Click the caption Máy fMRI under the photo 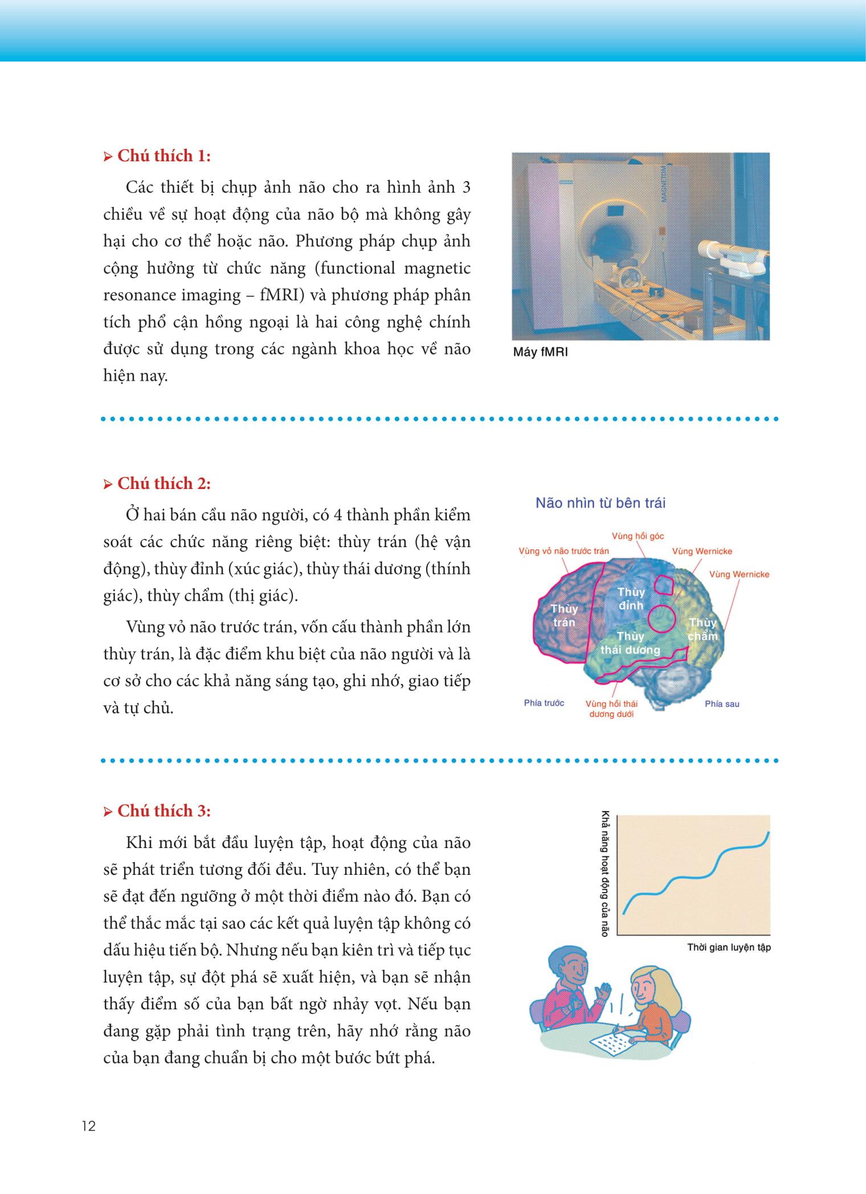pyautogui.click(x=540, y=352)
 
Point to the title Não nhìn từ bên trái pyautogui.click(x=601, y=503)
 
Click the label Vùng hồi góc pyautogui.click(x=638, y=536)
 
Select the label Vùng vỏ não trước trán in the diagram pyautogui.click(x=563, y=551)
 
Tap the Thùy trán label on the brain pyautogui.click(x=564, y=616)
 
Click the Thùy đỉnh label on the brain pyautogui.click(x=631, y=598)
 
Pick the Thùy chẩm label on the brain pyautogui.click(x=702, y=629)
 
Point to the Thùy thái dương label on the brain pyautogui.click(x=630, y=643)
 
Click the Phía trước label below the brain pyautogui.click(x=544, y=703)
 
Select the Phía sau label pyautogui.click(x=722, y=704)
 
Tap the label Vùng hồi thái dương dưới pyautogui.click(x=611, y=709)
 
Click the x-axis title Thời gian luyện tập pyautogui.click(x=729, y=947)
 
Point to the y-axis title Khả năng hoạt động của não pyautogui.click(x=605, y=873)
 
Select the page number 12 pyautogui.click(x=89, y=1127)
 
